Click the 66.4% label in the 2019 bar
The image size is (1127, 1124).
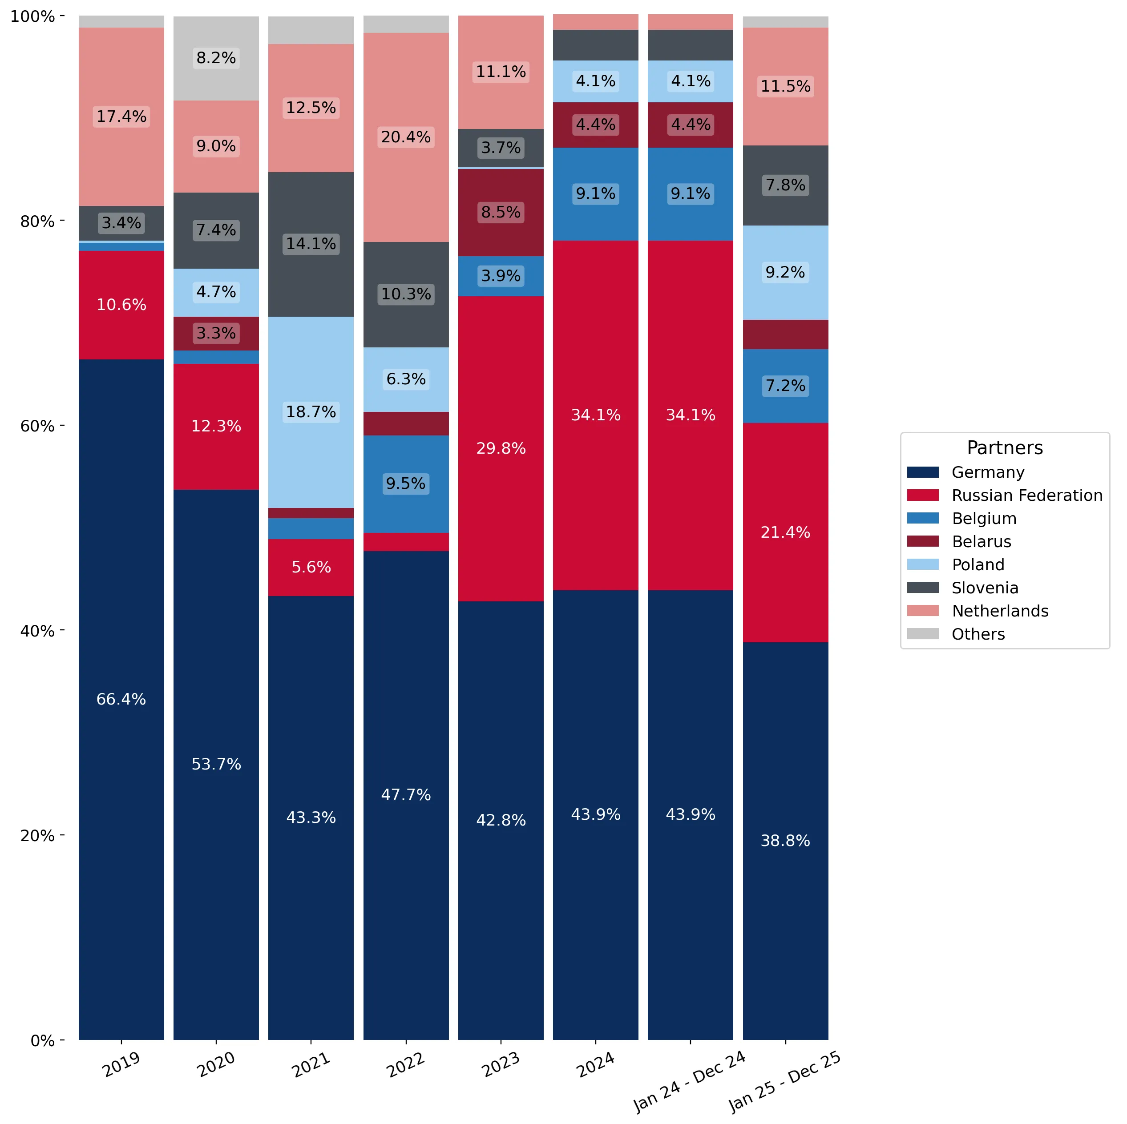121,699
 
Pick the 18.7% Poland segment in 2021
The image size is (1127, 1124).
311,412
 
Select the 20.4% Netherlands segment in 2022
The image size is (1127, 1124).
406,137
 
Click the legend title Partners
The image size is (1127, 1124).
1005,447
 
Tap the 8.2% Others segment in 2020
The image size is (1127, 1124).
216,58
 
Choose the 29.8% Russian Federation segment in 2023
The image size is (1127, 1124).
501,448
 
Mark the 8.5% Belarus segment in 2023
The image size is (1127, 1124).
501,212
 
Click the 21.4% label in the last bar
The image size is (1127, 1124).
785,532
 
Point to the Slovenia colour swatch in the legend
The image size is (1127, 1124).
923,588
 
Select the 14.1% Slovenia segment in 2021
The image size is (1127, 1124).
311,244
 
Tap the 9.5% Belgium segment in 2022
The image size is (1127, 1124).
406,484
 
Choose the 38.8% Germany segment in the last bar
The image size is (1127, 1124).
785,841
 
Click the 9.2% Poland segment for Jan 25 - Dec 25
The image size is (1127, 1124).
785,272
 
